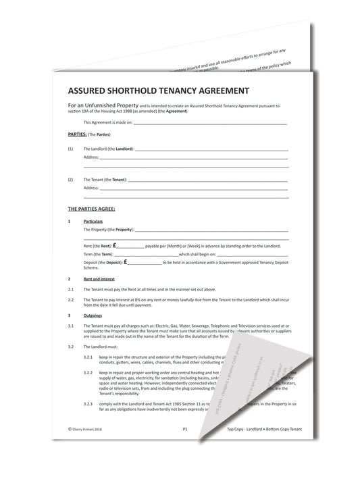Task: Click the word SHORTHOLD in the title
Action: [147, 89]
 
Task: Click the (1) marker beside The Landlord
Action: [71, 148]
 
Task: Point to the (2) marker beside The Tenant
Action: [71, 180]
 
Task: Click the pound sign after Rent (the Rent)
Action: [115, 246]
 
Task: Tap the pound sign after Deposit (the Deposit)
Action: [126, 262]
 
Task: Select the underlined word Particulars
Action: [93, 222]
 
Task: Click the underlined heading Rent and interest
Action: [99, 279]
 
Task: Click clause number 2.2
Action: [72, 298]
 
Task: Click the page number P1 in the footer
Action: [185, 429]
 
